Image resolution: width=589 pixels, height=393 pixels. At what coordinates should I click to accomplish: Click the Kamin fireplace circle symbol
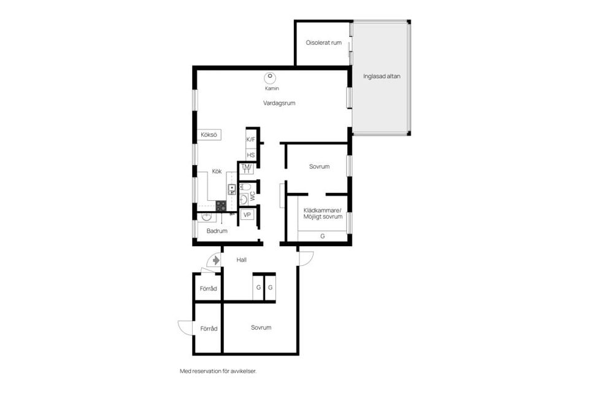pyautogui.click(x=269, y=77)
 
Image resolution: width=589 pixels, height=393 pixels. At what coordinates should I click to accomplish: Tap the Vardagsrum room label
pyautogui.click(x=279, y=103)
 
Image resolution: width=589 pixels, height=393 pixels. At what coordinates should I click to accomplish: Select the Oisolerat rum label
pyautogui.click(x=323, y=42)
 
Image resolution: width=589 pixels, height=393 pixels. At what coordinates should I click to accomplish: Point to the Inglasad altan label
pyautogui.click(x=382, y=77)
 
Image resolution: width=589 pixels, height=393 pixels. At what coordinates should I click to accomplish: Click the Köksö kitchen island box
pyautogui.click(x=209, y=135)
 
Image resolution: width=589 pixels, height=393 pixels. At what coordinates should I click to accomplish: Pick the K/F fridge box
pyautogui.click(x=250, y=139)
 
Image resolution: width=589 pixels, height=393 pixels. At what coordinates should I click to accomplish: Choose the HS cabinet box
pyautogui.click(x=250, y=155)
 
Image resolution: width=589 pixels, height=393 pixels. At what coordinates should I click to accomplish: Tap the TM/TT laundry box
pyautogui.click(x=247, y=169)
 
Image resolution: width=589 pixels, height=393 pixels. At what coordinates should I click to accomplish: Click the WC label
pyautogui.click(x=252, y=196)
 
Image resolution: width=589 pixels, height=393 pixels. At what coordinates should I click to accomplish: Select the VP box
pyautogui.click(x=247, y=214)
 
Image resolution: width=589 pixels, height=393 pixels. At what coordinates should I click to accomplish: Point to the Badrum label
pyautogui.click(x=217, y=231)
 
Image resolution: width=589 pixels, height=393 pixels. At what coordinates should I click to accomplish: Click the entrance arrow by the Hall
pyautogui.click(x=215, y=260)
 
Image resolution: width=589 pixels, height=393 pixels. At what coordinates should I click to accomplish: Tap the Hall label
pyautogui.click(x=242, y=260)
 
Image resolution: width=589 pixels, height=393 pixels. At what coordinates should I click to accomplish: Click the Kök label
pyautogui.click(x=217, y=171)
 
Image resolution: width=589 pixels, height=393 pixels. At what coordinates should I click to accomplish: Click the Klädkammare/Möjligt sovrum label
pyautogui.click(x=323, y=213)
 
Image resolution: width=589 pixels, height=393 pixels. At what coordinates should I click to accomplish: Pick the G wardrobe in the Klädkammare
pyautogui.click(x=323, y=236)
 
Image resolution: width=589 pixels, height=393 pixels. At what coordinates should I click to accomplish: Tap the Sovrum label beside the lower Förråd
pyautogui.click(x=261, y=327)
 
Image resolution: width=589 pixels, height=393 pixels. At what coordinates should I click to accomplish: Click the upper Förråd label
pyautogui.click(x=209, y=289)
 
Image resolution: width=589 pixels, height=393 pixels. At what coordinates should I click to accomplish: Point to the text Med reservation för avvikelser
pyautogui.click(x=218, y=371)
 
